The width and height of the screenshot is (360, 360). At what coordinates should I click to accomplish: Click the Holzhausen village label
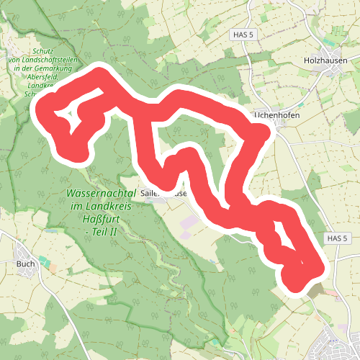[327, 61]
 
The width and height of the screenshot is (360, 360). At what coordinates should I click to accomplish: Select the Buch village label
[25, 264]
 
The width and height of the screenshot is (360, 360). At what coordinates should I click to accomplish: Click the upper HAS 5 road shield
[245, 34]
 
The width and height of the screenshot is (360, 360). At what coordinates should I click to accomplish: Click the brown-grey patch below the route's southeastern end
[318, 291]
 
